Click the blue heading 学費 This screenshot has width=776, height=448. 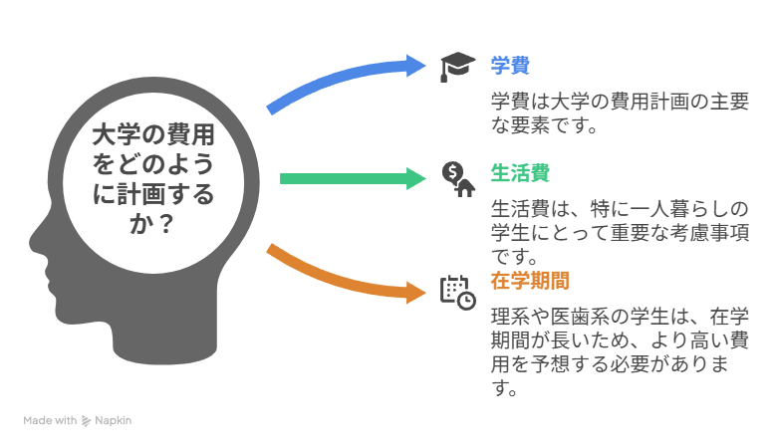(x=510, y=67)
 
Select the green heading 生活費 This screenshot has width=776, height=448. (x=520, y=173)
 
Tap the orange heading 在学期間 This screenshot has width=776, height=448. (x=530, y=281)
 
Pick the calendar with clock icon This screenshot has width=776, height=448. (x=457, y=290)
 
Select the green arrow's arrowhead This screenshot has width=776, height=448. (x=412, y=179)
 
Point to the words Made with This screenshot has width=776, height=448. (x=50, y=421)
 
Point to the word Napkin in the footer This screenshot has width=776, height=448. (x=113, y=421)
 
